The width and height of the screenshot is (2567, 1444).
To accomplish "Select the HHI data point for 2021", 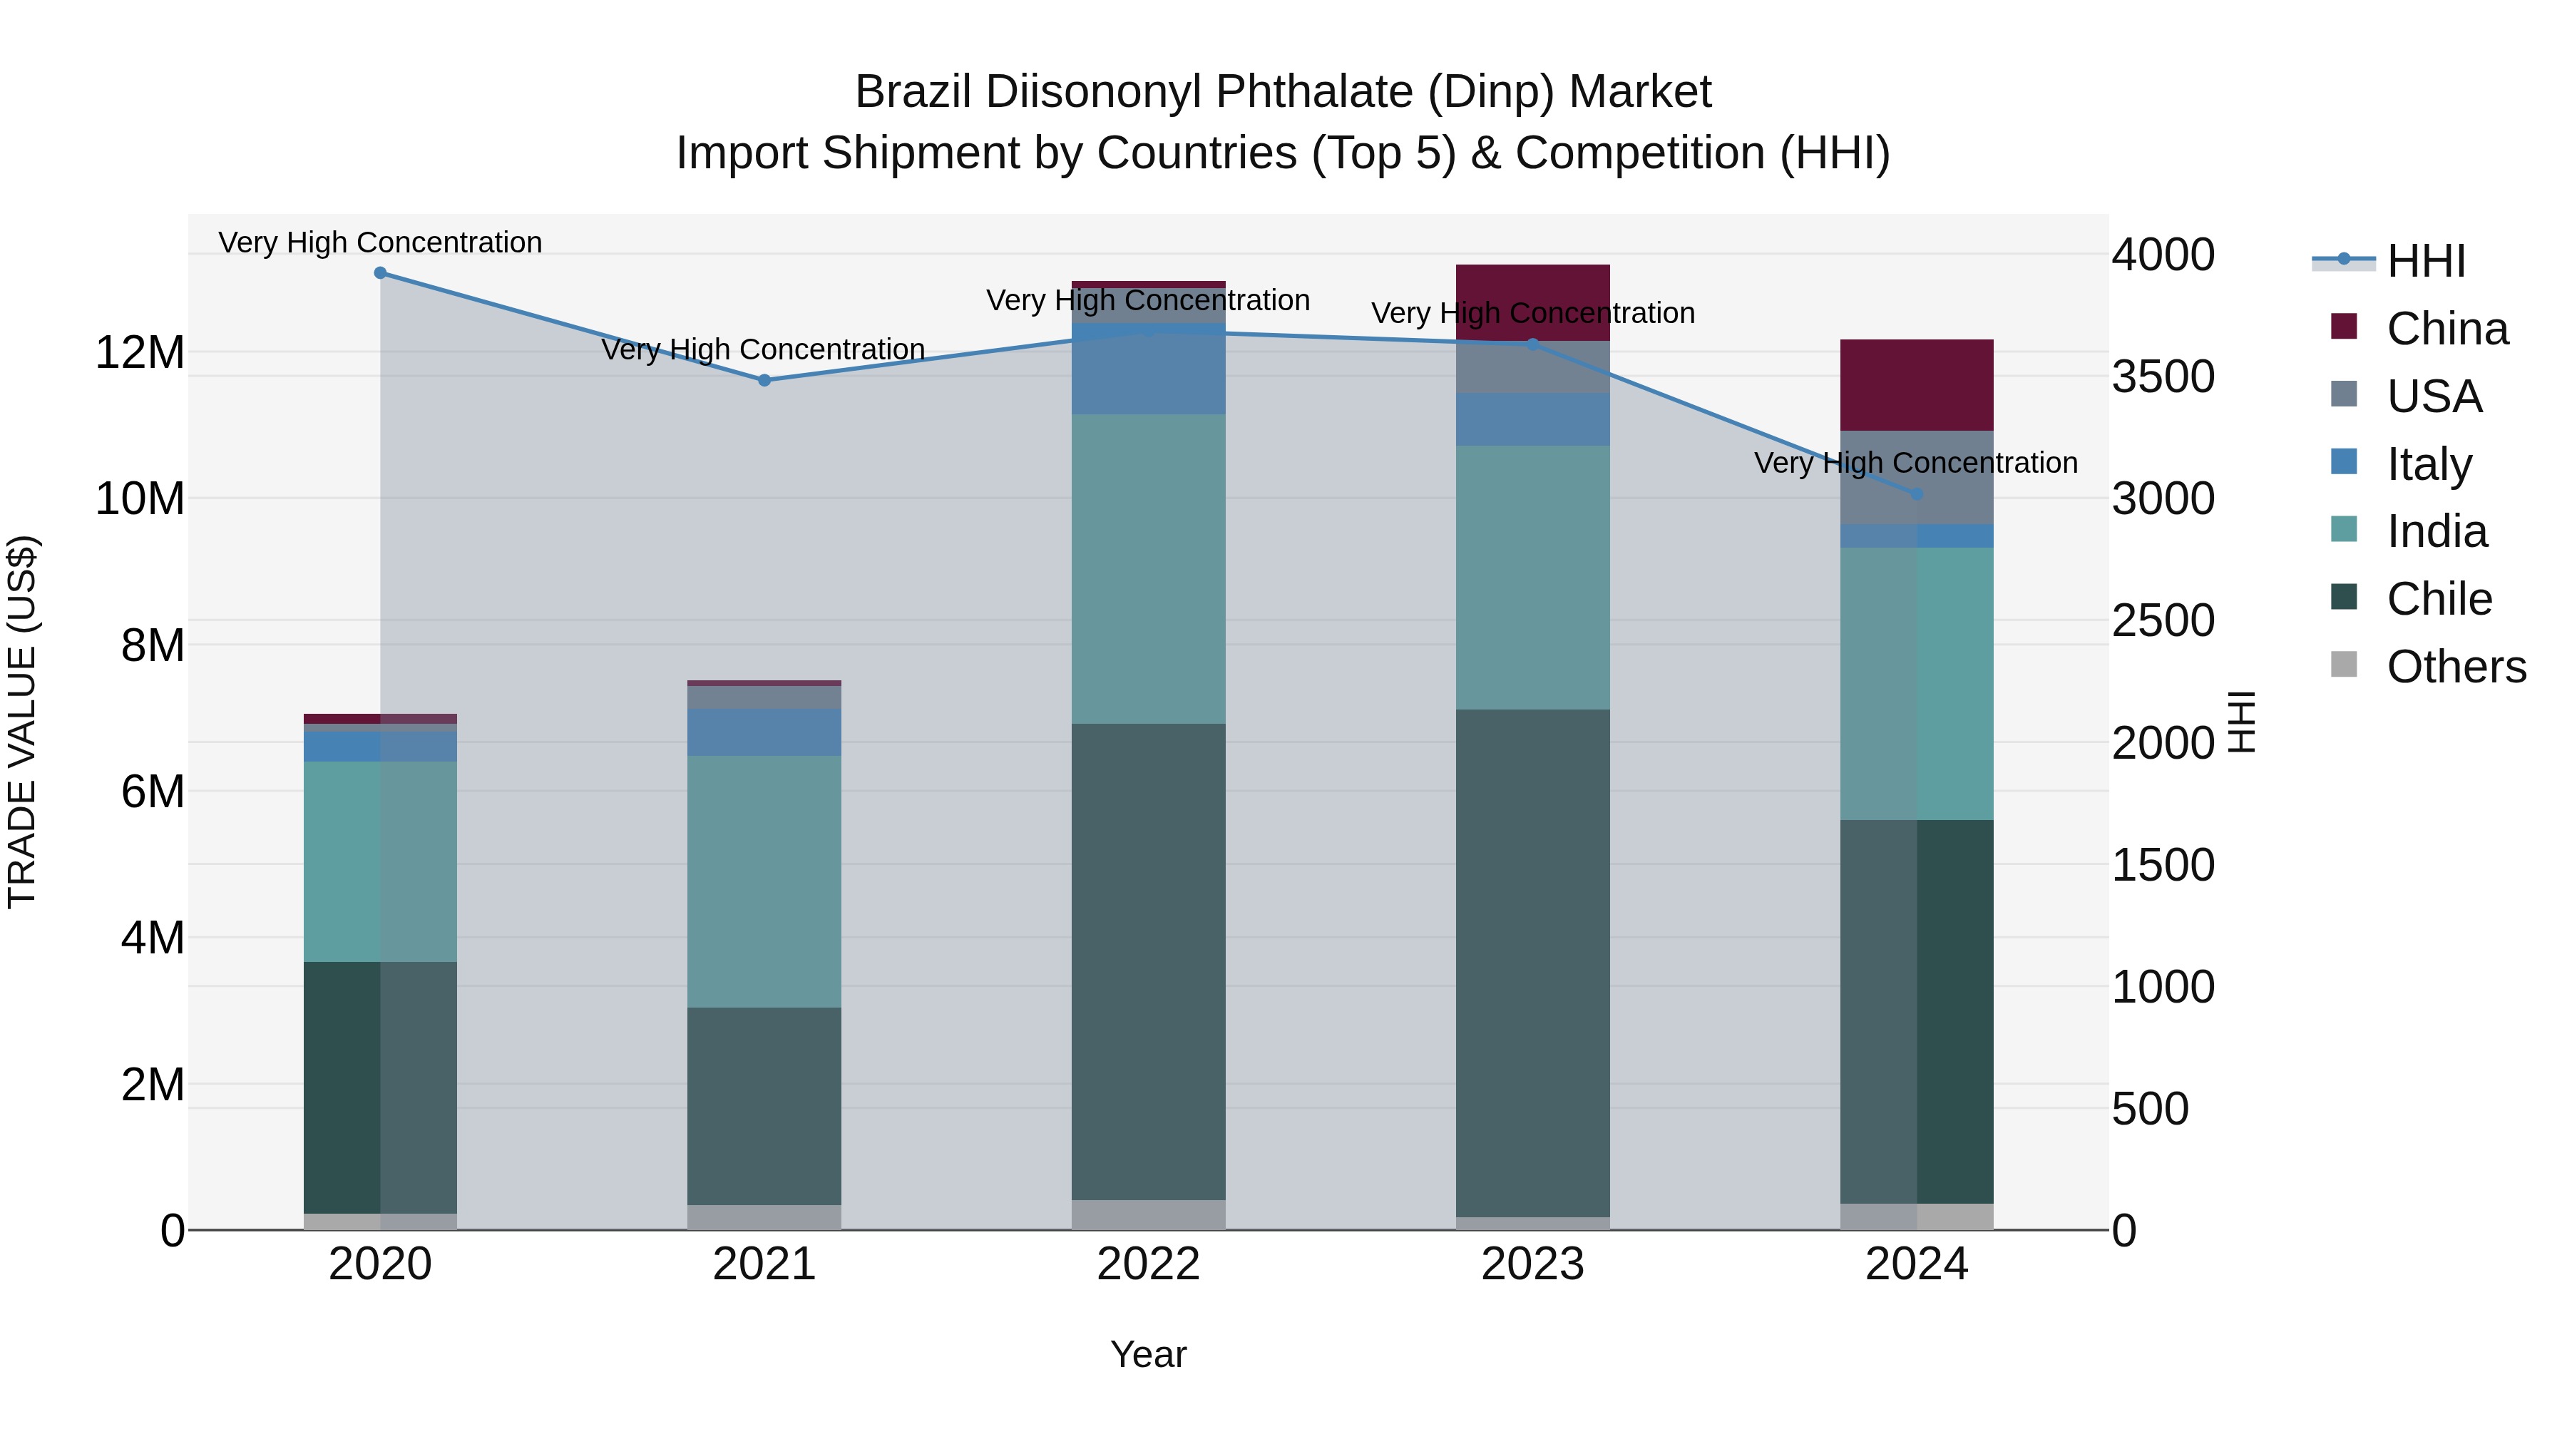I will pos(764,381).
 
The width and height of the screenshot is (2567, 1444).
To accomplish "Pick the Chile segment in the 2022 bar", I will pos(1148,962).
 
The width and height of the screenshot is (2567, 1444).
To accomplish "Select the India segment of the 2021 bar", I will pos(764,882).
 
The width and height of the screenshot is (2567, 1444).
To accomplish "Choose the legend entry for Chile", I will pos(2439,599).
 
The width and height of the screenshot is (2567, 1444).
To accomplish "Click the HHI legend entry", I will pos(2424,261).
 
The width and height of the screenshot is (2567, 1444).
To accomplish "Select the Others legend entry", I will pos(2455,667).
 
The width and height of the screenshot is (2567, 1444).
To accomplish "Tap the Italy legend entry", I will pos(2429,464).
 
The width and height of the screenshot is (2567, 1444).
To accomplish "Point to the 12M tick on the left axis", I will pos(140,353).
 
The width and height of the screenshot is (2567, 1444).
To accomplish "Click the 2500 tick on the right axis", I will pos(2163,621).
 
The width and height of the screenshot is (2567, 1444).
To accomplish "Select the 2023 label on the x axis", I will pos(1532,1264).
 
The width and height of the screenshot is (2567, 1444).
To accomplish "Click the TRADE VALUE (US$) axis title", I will pos(23,722).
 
